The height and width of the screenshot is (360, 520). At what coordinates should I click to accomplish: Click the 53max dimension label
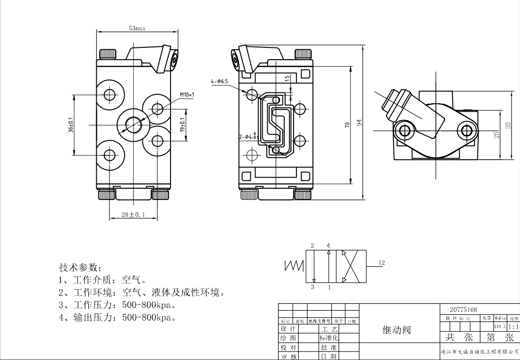(x=137, y=28)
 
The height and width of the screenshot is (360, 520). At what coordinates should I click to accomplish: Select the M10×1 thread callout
(x=186, y=95)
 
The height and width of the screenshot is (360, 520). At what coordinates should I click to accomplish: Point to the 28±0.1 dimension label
(x=132, y=214)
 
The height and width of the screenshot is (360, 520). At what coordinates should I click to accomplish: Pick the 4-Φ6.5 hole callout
(x=219, y=82)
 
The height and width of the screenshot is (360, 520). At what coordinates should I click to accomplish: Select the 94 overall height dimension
(x=359, y=123)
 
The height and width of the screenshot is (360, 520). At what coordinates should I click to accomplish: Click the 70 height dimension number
(x=347, y=125)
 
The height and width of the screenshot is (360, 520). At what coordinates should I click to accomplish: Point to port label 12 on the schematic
(x=381, y=263)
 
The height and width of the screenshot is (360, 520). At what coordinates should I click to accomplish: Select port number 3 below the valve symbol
(x=312, y=287)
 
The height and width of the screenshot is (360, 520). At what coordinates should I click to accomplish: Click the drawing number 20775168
(x=463, y=310)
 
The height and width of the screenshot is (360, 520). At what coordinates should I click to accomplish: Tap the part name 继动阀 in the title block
(x=397, y=330)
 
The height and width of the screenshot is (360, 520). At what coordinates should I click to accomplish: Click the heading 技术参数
(x=79, y=268)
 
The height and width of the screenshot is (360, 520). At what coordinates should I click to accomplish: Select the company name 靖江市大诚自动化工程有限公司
(x=479, y=352)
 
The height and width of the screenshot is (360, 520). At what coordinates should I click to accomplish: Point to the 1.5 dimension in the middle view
(x=287, y=78)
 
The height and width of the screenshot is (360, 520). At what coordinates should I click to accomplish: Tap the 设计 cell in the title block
(x=287, y=328)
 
